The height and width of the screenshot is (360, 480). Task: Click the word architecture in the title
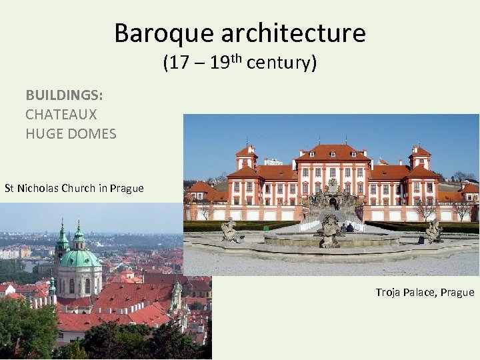(x=293, y=33)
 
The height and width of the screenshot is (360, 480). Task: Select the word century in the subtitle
(x=279, y=64)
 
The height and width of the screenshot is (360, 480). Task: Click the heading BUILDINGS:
(x=64, y=95)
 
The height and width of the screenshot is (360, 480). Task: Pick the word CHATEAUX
(x=61, y=115)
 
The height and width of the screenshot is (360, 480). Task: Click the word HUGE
(x=42, y=134)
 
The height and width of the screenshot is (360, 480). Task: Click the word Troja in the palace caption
(x=389, y=292)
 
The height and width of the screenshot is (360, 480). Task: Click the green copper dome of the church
(x=80, y=257)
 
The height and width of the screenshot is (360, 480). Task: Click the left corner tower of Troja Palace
(x=246, y=158)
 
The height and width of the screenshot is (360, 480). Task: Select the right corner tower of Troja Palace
(x=420, y=158)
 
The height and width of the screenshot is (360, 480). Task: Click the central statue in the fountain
(x=330, y=227)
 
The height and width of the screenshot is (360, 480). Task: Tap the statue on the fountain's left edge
(x=229, y=230)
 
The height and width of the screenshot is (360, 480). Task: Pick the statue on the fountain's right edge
(x=434, y=230)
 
